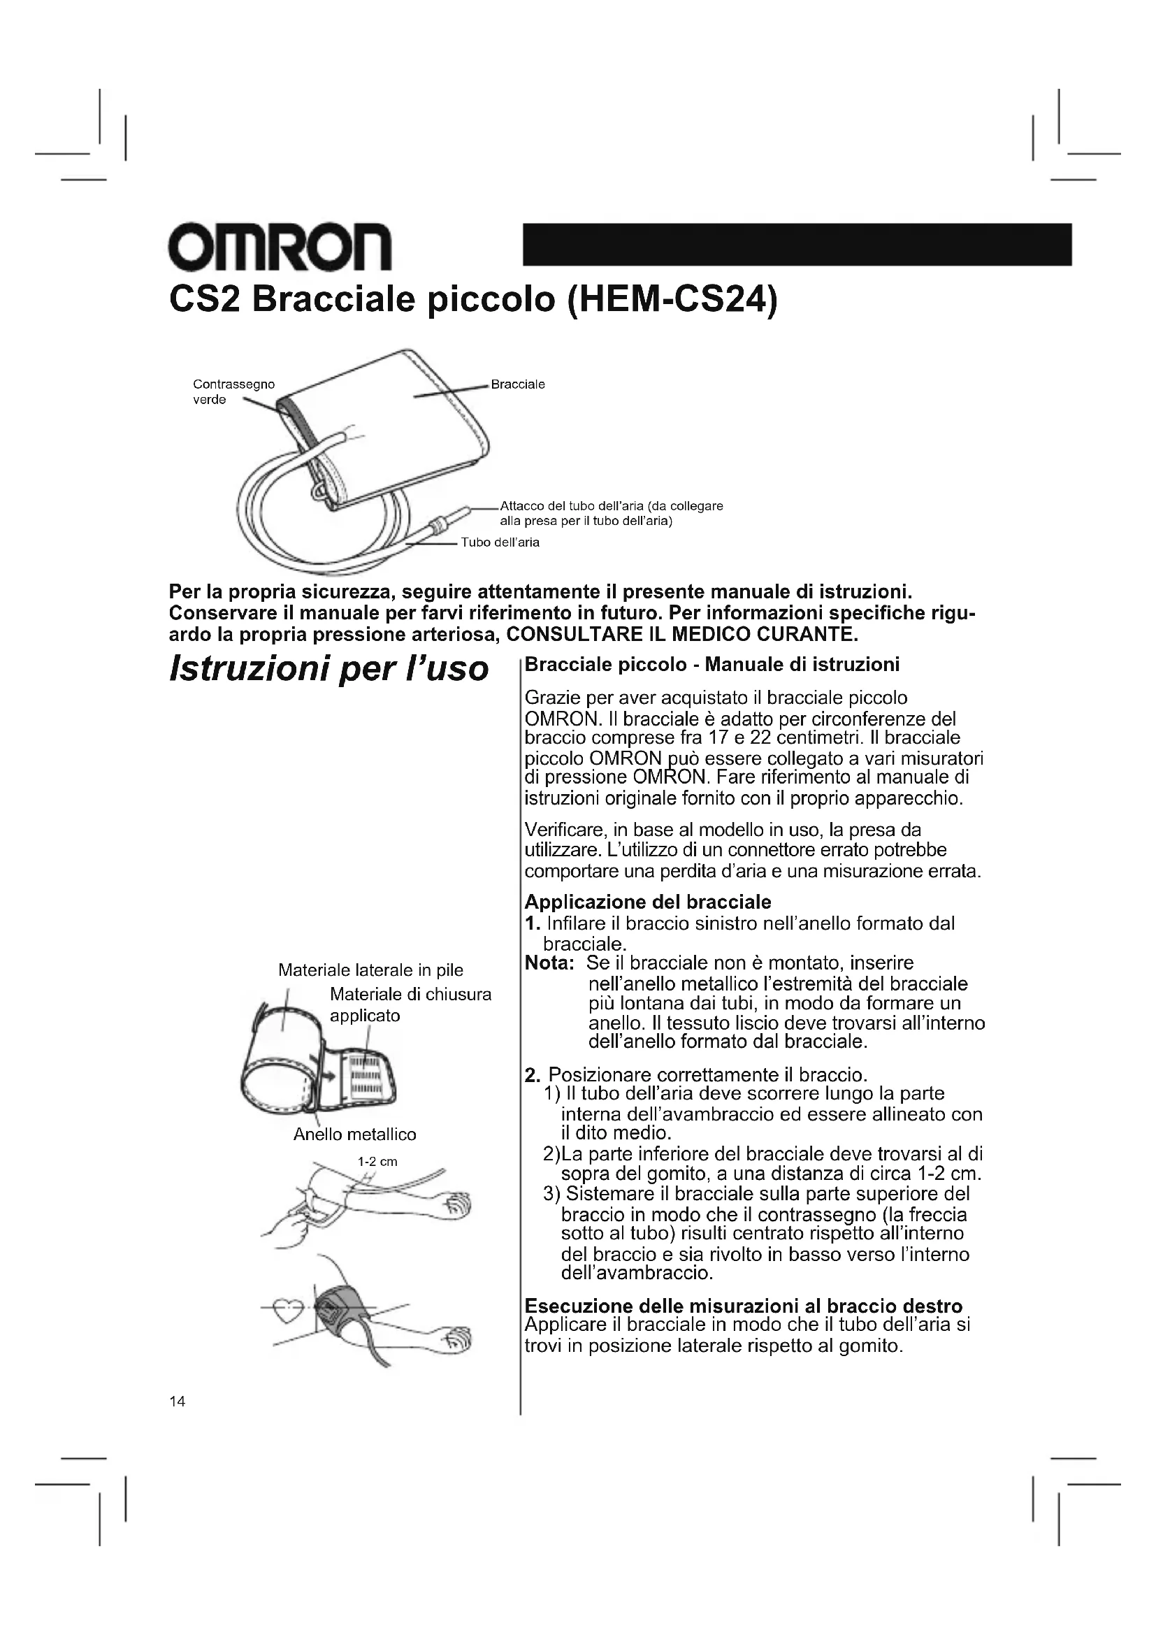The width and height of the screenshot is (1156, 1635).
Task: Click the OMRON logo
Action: coord(280,246)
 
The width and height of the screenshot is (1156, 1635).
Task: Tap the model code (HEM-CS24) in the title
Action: coord(671,300)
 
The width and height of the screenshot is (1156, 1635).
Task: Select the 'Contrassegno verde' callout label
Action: coord(233,391)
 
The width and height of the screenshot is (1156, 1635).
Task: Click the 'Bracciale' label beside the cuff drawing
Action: coord(517,384)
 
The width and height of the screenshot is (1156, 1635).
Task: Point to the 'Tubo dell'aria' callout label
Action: coord(500,542)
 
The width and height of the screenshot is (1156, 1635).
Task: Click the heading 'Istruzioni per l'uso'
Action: coord(329,668)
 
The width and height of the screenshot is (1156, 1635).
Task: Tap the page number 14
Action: coord(178,1402)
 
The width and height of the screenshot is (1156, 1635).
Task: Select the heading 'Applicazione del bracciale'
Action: coord(648,902)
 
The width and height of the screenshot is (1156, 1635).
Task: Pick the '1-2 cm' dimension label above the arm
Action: coord(377,1162)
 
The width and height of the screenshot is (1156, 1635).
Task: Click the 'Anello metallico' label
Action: coord(354,1135)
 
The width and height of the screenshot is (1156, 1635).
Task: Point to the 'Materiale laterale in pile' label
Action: coord(370,970)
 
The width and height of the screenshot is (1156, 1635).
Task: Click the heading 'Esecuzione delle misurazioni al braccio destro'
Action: coord(743,1306)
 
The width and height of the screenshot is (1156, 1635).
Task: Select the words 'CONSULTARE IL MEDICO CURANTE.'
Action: coord(688,634)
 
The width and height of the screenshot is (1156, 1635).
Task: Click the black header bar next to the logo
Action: coord(797,244)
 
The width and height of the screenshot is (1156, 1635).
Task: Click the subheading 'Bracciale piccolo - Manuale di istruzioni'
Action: coord(711,664)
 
